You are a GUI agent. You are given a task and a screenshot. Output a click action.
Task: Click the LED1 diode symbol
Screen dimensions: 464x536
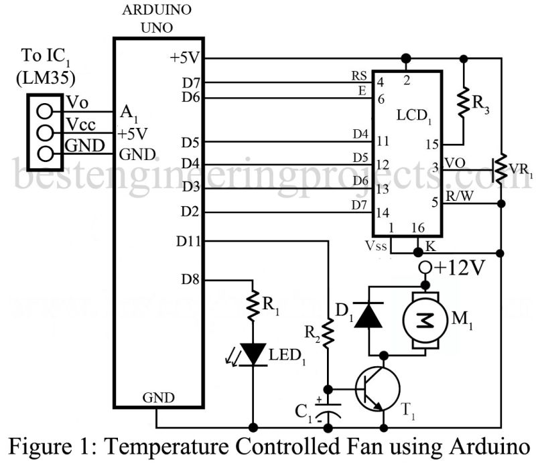[x=253, y=354]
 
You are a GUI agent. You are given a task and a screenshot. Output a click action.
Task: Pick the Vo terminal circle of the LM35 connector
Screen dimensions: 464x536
[x=45, y=110]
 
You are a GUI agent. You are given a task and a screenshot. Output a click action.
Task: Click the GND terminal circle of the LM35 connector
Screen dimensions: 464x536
[x=45, y=153]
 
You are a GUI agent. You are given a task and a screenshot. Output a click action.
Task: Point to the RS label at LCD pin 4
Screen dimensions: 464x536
[x=359, y=75]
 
